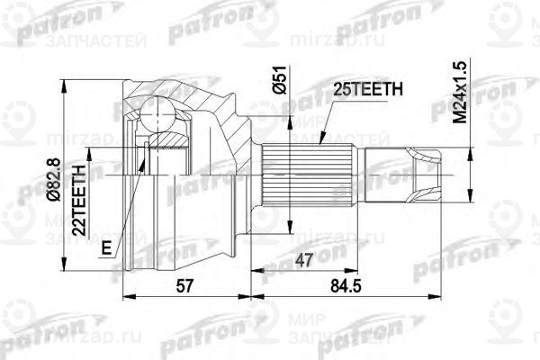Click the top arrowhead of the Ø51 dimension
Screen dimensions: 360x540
[x=290, y=114]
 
